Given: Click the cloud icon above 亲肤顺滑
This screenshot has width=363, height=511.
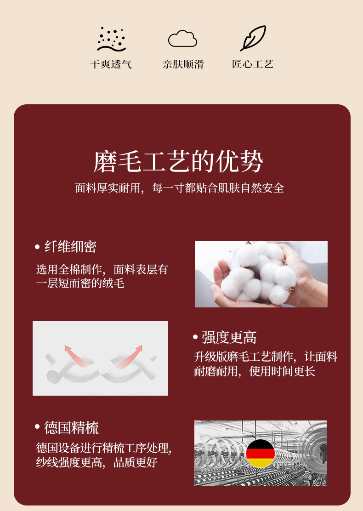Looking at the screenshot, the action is (x=182, y=39).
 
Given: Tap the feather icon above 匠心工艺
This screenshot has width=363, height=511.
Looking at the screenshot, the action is (x=253, y=38).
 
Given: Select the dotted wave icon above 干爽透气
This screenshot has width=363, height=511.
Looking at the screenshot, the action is (x=112, y=39).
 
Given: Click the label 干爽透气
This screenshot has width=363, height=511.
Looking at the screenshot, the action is (x=111, y=64).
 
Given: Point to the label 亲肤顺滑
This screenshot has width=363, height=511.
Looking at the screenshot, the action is (x=183, y=64).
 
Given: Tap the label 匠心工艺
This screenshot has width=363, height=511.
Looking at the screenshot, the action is (x=253, y=64).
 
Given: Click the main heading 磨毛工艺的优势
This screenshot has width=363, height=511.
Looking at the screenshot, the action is (x=178, y=161).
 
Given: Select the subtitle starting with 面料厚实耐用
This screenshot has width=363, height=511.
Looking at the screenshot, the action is (x=180, y=188).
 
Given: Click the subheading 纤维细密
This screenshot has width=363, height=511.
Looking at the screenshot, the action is (x=70, y=247).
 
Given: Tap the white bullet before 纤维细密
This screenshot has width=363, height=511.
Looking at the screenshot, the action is (x=37, y=247).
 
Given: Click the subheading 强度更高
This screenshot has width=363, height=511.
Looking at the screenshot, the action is (x=229, y=337).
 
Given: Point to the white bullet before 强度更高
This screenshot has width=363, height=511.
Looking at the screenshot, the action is (x=195, y=337).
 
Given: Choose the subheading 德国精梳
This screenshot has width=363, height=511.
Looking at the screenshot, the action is (x=71, y=427).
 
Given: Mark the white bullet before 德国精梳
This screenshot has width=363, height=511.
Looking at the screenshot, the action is (x=37, y=426).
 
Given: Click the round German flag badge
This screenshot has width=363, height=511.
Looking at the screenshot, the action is (x=261, y=453).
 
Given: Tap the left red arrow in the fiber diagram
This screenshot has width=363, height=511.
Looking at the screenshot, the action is (x=77, y=356).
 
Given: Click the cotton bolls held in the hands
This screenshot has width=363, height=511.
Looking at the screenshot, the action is (x=257, y=272).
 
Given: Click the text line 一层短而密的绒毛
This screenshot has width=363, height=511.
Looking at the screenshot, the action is (x=80, y=283).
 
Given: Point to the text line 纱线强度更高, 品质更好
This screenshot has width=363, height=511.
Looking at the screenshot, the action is (x=97, y=462).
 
